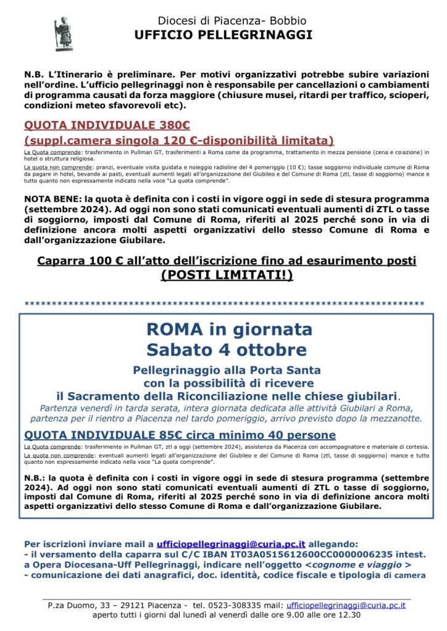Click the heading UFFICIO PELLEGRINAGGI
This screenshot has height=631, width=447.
pyautogui.click(x=223, y=35)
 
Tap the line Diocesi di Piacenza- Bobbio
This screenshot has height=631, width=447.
pyautogui.click(x=223, y=22)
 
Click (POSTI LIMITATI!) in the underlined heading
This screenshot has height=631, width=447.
pyautogui.click(x=227, y=275)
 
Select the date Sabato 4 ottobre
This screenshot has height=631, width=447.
pyautogui.click(x=226, y=350)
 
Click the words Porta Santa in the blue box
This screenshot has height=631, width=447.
pyautogui.click(x=285, y=370)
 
